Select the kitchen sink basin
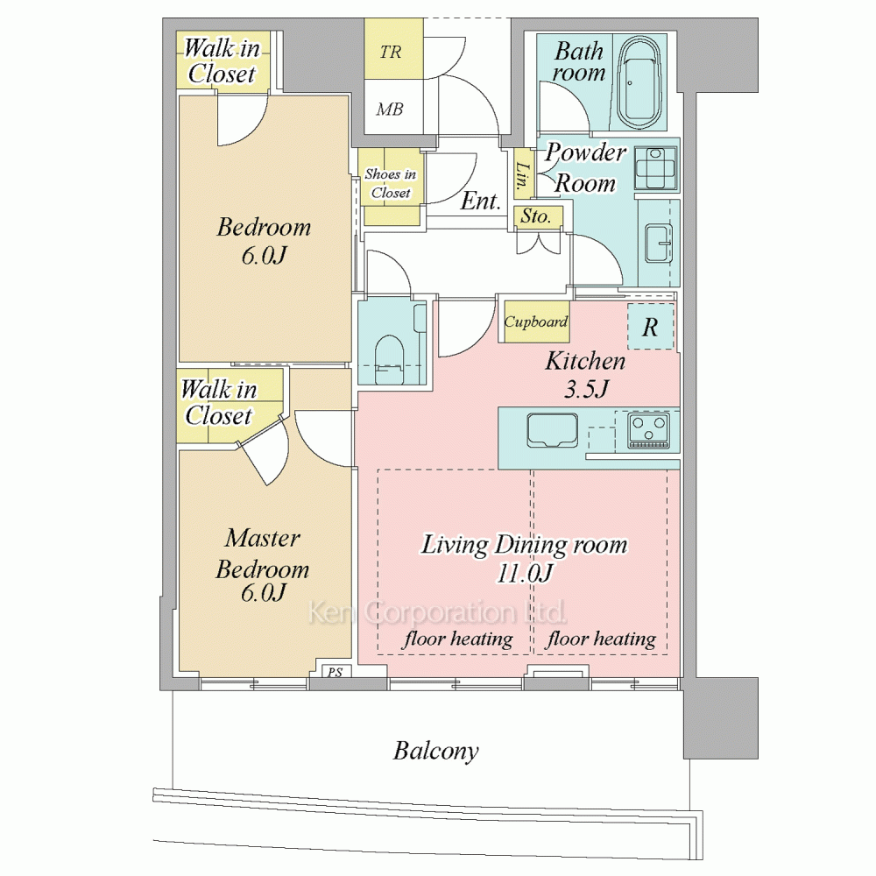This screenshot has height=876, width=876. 553,430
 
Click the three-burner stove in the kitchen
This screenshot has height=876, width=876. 648,431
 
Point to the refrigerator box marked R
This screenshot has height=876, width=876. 650,327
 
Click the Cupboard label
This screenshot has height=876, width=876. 536,321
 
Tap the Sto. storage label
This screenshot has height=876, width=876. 535,216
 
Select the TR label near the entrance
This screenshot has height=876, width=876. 391,52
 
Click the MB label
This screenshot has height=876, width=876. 390,109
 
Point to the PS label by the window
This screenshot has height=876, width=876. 335,672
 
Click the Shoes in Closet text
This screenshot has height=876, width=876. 391,183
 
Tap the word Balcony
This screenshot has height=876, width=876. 435,752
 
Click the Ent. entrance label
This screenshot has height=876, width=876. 480,201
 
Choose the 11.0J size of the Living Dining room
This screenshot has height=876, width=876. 525,573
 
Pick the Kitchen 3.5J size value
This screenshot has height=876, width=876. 585,389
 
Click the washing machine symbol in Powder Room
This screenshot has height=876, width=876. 655,168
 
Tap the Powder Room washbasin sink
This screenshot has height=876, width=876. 659,243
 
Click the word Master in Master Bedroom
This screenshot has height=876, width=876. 263,538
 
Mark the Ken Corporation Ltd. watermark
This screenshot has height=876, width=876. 437,612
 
